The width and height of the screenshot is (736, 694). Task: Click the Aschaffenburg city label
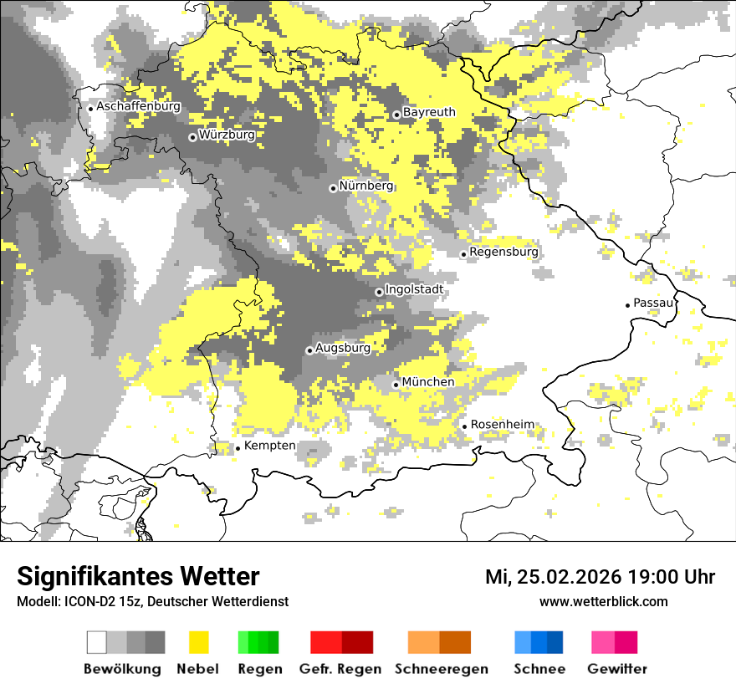[x=138, y=107]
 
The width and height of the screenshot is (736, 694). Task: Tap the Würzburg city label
[x=227, y=135]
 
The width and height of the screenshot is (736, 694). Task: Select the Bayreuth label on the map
[x=429, y=112]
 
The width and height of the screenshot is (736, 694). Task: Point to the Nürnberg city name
[x=365, y=186]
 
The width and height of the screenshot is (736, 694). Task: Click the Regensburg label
[x=503, y=252]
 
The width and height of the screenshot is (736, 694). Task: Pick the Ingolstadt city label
[x=414, y=290]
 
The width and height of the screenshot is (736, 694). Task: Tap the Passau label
[x=653, y=303]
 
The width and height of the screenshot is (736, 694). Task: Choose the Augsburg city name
[x=343, y=348]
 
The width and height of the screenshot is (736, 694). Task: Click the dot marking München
[x=396, y=385]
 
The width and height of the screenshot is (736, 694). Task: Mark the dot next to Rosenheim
[x=465, y=426]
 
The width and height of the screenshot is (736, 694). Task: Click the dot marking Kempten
[x=238, y=448]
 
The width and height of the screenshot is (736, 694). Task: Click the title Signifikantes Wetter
[x=138, y=577]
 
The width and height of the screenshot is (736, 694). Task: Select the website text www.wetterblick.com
[x=603, y=601]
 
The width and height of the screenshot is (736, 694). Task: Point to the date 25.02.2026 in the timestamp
[x=570, y=577]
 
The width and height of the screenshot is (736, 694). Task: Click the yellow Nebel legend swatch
[x=197, y=642]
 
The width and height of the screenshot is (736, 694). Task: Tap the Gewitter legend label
[x=616, y=669]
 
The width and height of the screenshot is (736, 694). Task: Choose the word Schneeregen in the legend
[x=442, y=669]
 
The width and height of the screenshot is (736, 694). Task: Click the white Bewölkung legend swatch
[x=97, y=642]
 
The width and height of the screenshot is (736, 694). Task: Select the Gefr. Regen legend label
[x=340, y=669]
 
